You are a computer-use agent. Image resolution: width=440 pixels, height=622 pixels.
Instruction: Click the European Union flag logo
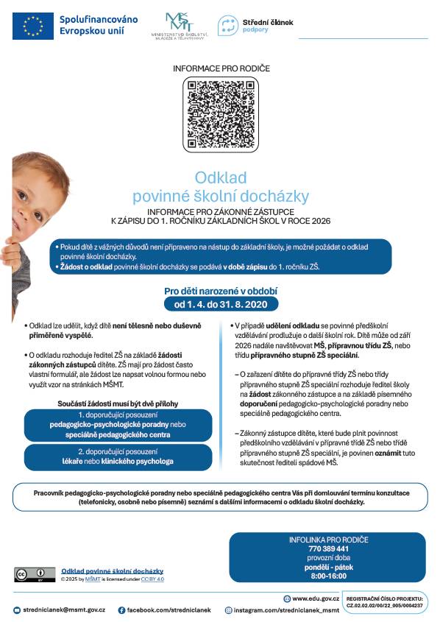coord(33,26)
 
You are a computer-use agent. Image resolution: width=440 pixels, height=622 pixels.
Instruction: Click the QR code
coord(221,113)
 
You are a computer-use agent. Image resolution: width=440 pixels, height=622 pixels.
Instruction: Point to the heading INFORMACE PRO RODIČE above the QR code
coord(221,68)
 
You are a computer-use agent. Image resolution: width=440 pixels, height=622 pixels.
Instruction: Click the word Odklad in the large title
coord(221,177)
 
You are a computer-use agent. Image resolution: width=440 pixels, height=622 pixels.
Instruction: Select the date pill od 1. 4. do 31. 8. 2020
coord(220,303)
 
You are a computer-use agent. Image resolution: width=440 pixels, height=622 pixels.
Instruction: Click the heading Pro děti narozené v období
coord(221,290)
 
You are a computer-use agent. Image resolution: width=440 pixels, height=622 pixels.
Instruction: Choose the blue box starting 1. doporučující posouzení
coord(118,425)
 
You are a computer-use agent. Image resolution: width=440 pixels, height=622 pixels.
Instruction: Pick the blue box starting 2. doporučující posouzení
coord(118,456)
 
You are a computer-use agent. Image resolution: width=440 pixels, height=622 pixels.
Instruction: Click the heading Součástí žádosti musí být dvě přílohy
coord(118,403)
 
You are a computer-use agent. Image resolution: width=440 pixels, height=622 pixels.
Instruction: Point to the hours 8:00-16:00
coord(328,576)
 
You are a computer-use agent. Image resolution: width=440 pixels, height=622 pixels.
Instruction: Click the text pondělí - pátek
coord(328,568)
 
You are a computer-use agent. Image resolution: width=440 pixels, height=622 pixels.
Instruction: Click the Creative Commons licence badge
coord(35,574)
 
